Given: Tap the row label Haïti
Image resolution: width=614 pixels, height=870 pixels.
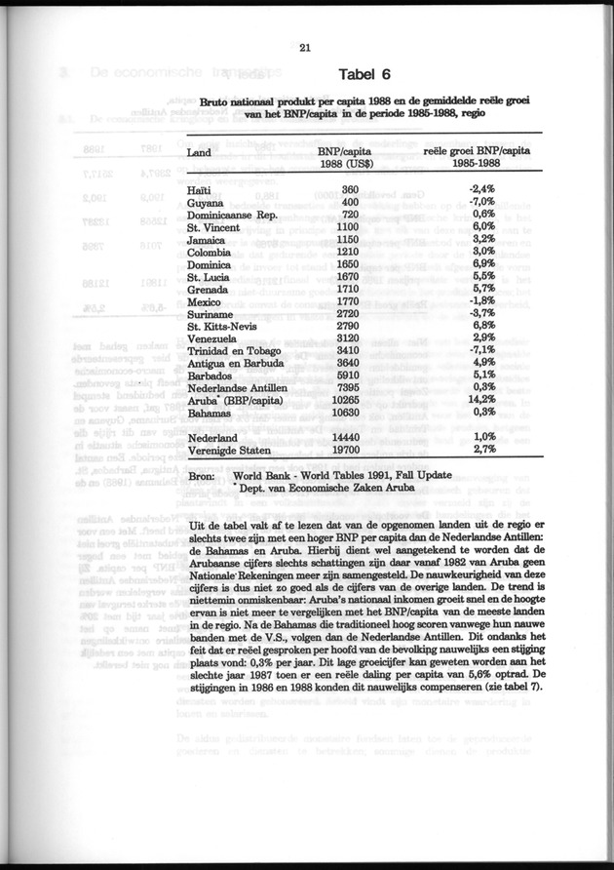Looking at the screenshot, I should pos(198,188).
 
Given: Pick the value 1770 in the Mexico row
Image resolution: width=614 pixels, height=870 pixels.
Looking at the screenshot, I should pos(350,302).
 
